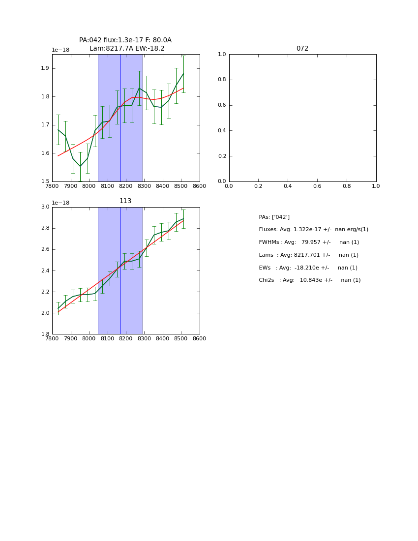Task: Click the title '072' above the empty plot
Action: point(302,49)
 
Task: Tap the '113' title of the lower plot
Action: point(125,201)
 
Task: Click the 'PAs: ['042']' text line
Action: point(274,217)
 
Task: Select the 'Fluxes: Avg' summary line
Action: point(313,230)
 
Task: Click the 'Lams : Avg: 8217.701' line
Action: point(308,255)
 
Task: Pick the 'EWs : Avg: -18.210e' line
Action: point(308,268)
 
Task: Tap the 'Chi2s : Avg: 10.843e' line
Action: point(309,280)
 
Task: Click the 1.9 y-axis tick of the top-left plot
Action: point(45,68)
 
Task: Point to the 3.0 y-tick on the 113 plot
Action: point(45,207)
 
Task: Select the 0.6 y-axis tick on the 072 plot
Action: point(222,105)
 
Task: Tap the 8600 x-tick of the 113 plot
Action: point(199,339)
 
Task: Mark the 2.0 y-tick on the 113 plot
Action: point(45,313)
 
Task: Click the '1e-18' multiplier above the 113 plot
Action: point(60,203)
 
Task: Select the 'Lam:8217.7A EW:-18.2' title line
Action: point(127,49)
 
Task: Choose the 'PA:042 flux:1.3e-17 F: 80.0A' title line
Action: point(125,40)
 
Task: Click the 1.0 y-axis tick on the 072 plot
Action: point(222,55)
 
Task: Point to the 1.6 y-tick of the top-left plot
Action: point(45,153)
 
